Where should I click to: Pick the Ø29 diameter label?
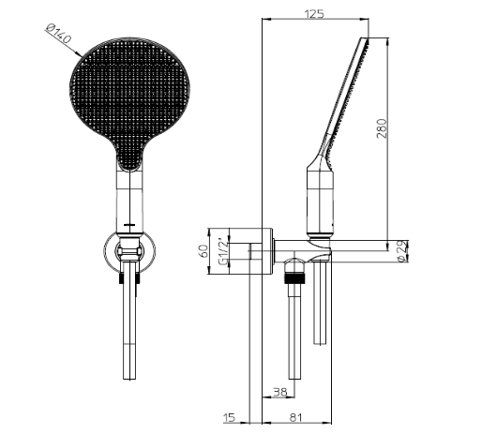400,250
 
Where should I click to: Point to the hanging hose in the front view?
129,328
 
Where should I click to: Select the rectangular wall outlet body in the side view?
250,253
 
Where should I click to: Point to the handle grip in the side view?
321,202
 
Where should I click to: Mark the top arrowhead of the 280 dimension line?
387,41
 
